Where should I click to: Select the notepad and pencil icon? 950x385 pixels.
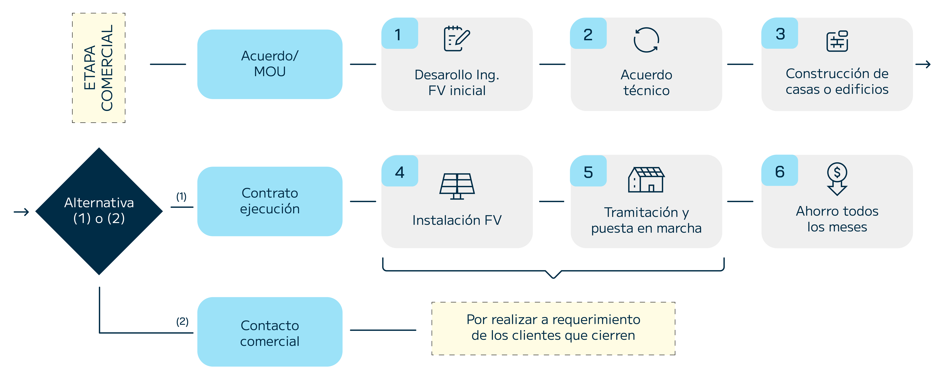(x=457, y=38)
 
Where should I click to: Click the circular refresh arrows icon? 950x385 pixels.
(x=646, y=40)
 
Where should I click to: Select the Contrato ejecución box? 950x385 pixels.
(x=270, y=201)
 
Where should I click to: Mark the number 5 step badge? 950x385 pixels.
(x=588, y=172)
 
